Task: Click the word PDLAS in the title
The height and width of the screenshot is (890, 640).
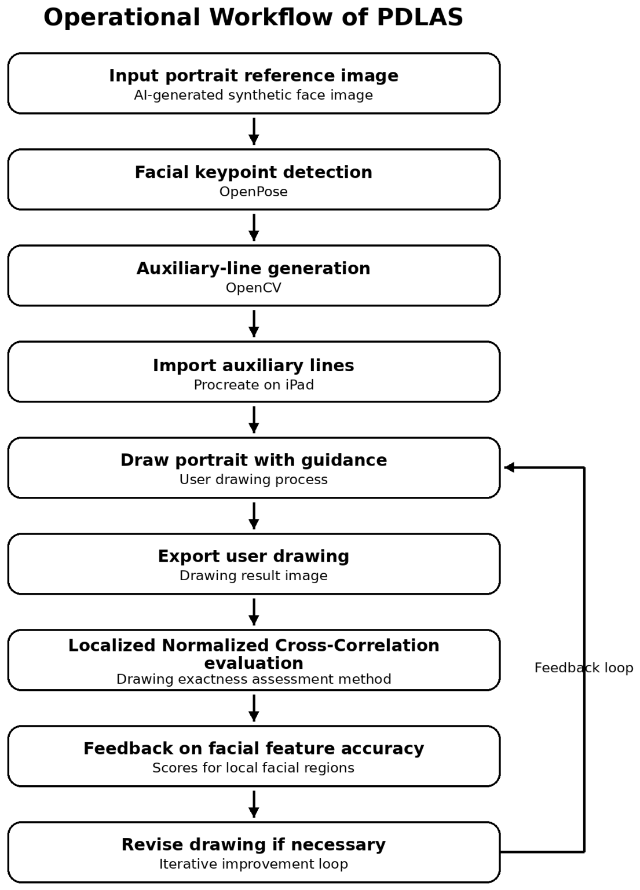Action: [420, 17]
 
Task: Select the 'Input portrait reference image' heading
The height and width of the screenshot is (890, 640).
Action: [254, 75]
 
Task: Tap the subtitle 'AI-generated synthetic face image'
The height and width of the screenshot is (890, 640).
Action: [254, 96]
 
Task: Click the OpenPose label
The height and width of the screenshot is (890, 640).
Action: [254, 192]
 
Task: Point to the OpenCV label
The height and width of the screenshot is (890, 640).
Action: [254, 288]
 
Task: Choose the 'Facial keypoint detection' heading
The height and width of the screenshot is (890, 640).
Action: [254, 172]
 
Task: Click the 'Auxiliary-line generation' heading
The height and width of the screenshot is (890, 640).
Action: [254, 268]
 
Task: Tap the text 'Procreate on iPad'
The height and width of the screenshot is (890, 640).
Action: [254, 384]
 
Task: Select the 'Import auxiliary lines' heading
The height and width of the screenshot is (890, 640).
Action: [254, 365]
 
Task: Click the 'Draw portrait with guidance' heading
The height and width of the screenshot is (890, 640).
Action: [254, 460]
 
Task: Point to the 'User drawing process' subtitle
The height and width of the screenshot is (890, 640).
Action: [254, 479]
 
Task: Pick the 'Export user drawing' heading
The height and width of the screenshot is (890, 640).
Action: [254, 556]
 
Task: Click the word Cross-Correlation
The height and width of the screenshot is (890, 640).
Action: [357, 645]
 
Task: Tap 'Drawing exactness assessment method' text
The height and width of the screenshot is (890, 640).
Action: [254, 679]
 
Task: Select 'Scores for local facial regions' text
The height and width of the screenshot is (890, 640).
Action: [254, 768]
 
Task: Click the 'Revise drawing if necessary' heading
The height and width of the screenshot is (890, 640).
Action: [254, 845]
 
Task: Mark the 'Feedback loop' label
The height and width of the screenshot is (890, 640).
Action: [584, 668]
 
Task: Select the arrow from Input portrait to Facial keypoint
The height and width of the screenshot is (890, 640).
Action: [254, 131]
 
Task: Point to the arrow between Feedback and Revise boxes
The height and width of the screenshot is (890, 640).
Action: [254, 804]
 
